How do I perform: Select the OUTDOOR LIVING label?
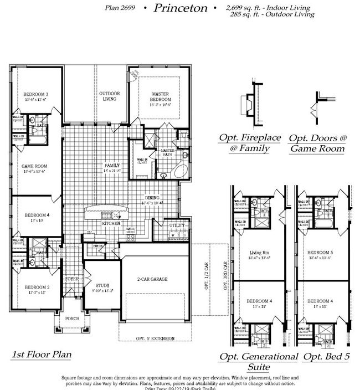[110, 96]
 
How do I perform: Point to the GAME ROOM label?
[34, 166]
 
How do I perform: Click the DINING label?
[152, 198]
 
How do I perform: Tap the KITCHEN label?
[111, 223]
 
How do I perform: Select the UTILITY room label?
[177, 225]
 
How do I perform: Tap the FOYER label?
[72, 279]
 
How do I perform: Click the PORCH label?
[71, 319]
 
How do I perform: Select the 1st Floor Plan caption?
[42, 355]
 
